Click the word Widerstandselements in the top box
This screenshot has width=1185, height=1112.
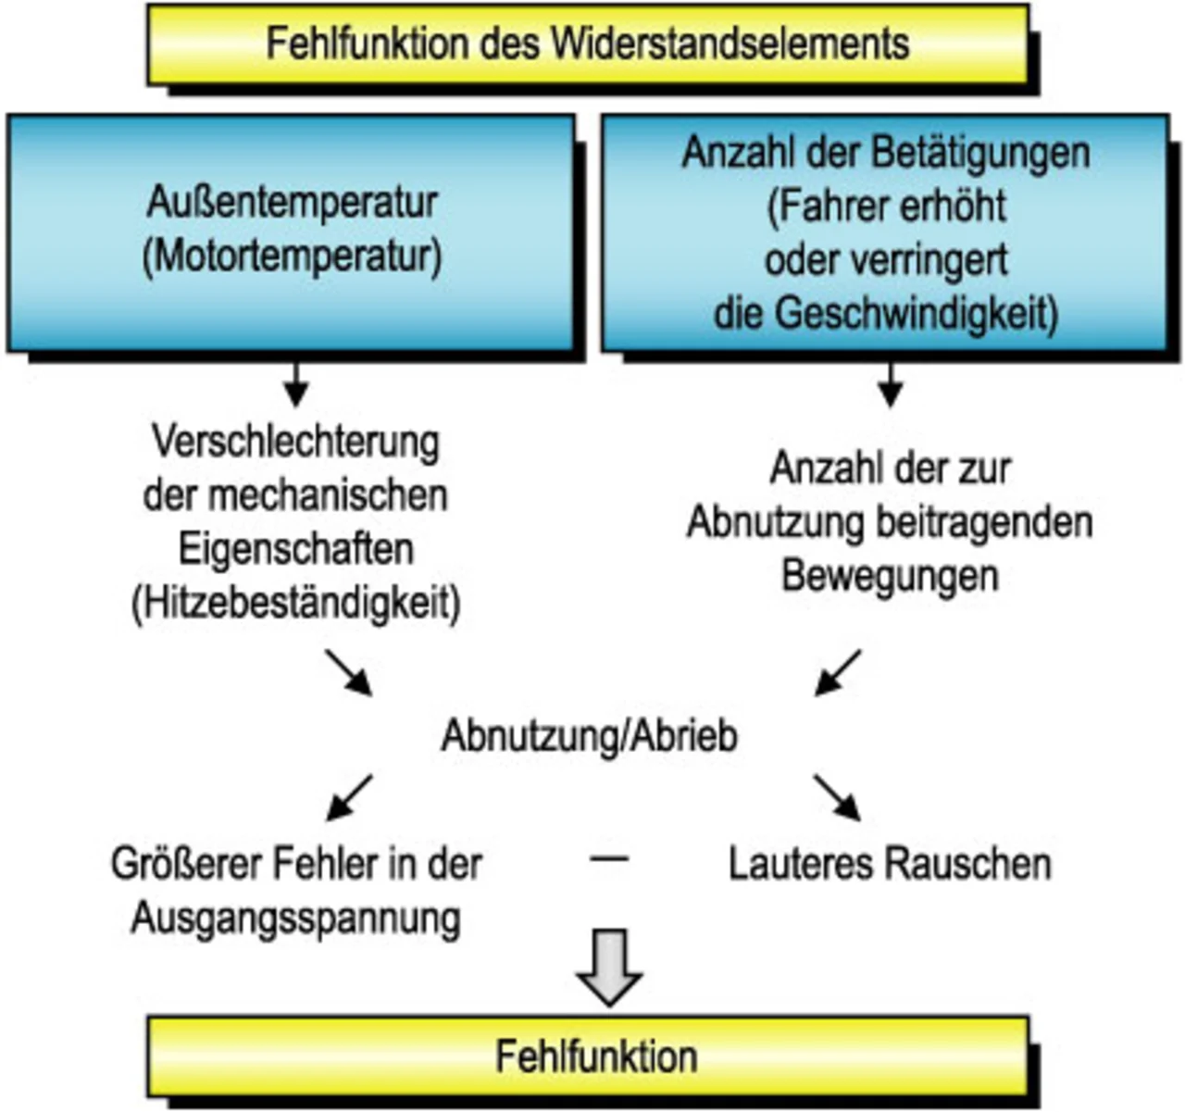pos(730,44)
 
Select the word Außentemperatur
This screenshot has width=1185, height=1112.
pos(292,203)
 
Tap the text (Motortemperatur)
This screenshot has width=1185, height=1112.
pos(293,256)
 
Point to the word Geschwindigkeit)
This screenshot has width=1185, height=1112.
pos(917,314)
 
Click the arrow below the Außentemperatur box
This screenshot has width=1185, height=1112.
pos(295,385)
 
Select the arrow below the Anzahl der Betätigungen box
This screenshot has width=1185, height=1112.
pos(891,385)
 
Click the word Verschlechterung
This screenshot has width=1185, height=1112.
pos(296,444)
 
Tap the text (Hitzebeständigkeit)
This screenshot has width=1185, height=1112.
pos(296,604)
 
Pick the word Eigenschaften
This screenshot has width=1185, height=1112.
pos(296,550)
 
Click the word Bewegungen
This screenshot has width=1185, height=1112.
pos(891,577)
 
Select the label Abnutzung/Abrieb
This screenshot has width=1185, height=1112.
pos(590,736)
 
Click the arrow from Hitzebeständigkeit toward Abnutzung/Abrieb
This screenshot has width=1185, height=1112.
pos(349,673)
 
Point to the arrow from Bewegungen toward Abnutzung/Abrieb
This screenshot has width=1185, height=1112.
pos(838,673)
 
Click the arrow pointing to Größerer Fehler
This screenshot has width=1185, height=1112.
pos(349,798)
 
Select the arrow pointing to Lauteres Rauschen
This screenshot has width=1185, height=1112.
pos(838,798)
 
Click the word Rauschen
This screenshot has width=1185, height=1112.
pos(968,864)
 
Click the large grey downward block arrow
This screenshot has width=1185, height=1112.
pos(609,966)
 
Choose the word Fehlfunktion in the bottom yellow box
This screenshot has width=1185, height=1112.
pos(597,1056)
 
